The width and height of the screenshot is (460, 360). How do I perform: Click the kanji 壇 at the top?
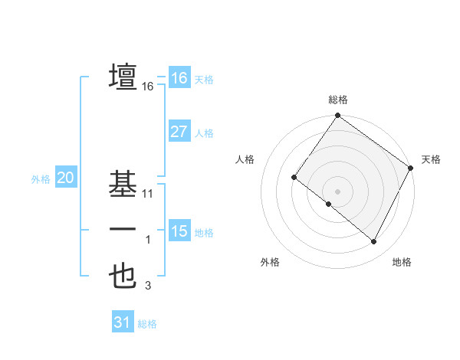click(x=123, y=77)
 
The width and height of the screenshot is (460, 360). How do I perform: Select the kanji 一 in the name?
click(x=123, y=230)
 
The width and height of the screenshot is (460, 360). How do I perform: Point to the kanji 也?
click(x=123, y=277)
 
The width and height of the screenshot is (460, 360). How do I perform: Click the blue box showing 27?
click(x=179, y=131)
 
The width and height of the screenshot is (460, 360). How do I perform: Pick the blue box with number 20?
click(x=65, y=178)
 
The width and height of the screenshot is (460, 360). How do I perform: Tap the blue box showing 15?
click(x=179, y=231)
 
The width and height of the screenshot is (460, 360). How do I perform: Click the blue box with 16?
click(x=179, y=78)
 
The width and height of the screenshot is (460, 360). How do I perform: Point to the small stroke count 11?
click(x=148, y=194)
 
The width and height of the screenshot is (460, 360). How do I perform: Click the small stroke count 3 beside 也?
click(x=148, y=286)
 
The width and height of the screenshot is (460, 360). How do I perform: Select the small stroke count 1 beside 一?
click(x=148, y=241)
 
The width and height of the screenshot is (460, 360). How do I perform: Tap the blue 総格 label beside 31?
click(x=147, y=324)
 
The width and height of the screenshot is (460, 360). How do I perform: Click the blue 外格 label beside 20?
click(x=41, y=179)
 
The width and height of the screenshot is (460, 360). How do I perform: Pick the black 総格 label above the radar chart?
click(x=337, y=100)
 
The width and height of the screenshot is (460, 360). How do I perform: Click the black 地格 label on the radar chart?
click(x=402, y=262)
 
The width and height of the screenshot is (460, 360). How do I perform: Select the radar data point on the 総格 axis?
click(x=337, y=116)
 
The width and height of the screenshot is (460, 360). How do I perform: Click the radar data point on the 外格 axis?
click(x=329, y=205)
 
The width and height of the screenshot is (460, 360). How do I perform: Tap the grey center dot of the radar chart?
click(x=337, y=191)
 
